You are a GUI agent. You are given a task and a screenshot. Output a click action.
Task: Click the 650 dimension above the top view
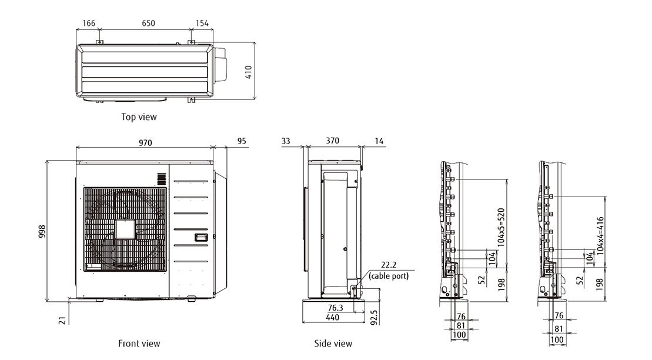point(148,24)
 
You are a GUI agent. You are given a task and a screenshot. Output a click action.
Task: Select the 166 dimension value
point(88,24)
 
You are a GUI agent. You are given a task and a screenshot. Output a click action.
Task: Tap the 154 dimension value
point(201,24)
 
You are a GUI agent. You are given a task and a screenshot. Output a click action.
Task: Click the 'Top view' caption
point(139,117)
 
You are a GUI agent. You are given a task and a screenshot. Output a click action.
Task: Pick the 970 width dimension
point(145,142)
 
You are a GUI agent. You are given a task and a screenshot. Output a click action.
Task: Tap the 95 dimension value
point(242,142)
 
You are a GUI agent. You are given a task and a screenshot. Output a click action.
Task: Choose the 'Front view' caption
point(139,344)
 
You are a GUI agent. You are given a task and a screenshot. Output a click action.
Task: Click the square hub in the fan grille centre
point(125,229)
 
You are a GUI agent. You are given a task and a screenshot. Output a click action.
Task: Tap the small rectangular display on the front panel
point(201,237)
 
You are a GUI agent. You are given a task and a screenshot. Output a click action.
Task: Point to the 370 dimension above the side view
point(333,141)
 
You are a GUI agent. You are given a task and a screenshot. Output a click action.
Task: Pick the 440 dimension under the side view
point(332,317)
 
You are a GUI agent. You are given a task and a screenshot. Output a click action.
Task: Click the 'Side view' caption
point(333,344)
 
